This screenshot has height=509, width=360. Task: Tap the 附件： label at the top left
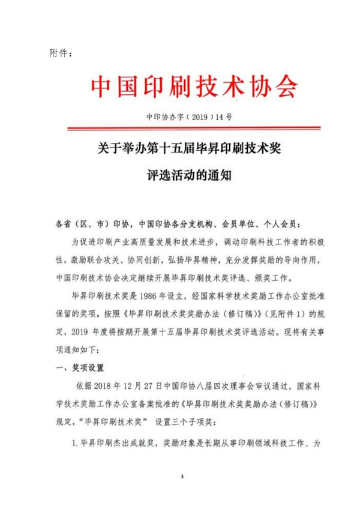(x=60, y=53)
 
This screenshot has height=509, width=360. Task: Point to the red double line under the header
(x=194, y=127)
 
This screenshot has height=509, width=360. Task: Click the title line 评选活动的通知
(x=194, y=176)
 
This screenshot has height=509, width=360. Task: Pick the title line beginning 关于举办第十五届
(x=194, y=148)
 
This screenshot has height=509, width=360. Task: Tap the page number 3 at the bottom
(x=181, y=477)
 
